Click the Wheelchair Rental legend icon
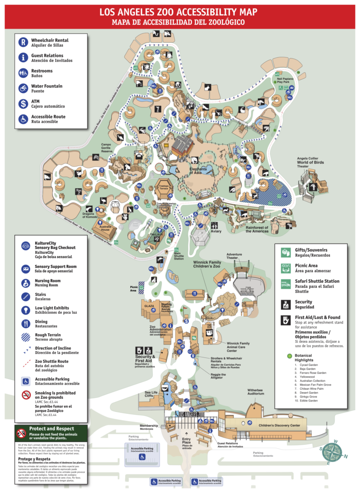(23, 42)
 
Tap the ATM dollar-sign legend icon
(23, 104)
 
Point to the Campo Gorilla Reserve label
(107, 148)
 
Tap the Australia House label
(104, 228)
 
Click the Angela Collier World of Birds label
(310, 162)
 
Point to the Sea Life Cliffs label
(151, 394)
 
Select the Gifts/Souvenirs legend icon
(285, 252)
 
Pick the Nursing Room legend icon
(23, 283)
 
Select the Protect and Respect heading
(52, 429)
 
